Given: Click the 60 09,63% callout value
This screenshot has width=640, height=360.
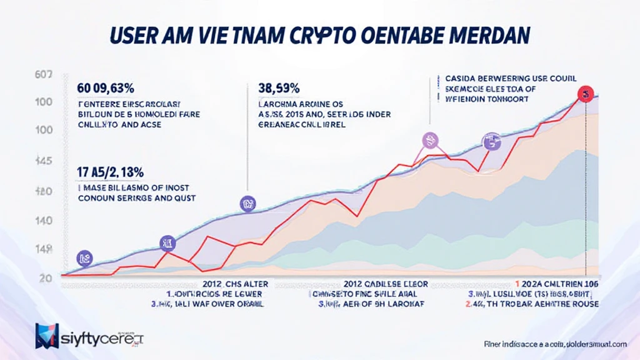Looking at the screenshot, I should (x=111, y=87).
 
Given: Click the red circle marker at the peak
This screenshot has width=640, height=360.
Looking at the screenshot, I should (x=586, y=94).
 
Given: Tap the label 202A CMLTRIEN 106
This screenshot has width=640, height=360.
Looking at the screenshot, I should (x=550, y=284).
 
